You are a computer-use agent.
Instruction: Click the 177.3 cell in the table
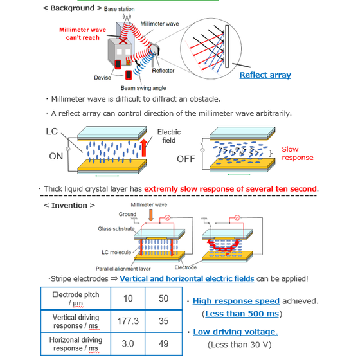128,321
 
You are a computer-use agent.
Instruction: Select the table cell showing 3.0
128,343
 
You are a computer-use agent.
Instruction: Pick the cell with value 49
163,343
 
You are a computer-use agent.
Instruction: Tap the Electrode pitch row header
76,298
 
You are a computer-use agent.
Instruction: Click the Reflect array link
265,75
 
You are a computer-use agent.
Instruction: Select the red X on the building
123,41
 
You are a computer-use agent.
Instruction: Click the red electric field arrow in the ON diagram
144,148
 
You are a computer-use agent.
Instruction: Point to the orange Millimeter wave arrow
150,215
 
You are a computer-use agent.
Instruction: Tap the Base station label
119,9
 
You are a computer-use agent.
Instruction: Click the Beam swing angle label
143,88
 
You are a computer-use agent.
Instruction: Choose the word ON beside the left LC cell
56,156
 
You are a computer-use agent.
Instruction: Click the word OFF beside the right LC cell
186,159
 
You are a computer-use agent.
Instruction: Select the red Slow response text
297,153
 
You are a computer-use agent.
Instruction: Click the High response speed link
236,301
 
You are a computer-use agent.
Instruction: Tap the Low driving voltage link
235,332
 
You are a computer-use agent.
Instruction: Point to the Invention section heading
69,205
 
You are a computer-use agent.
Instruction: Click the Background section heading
72,8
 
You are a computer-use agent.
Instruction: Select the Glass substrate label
116,229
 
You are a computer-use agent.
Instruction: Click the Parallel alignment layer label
123,269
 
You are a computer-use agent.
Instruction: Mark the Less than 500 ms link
242,314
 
